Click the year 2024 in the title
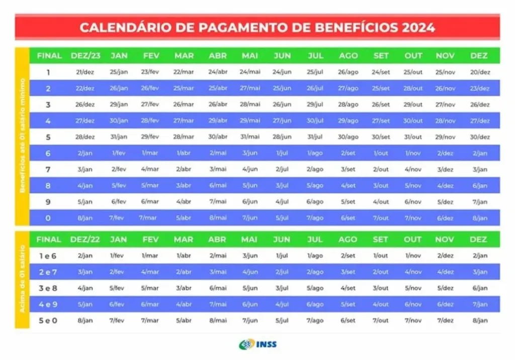tap(418, 27)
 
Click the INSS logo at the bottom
tap(257, 344)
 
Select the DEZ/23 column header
tap(84, 55)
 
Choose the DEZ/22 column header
tap(84, 239)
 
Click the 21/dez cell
tap(85, 72)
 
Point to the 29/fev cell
tap(150, 137)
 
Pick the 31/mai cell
tap(250, 137)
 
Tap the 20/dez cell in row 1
tap(479, 72)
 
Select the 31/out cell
tap(413, 137)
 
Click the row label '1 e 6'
tap(48, 256)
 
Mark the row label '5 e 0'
tap(48, 320)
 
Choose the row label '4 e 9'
tap(48, 304)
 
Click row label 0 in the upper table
tap(48, 218)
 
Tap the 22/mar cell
tap(184, 72)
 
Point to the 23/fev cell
tap(150, 72)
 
